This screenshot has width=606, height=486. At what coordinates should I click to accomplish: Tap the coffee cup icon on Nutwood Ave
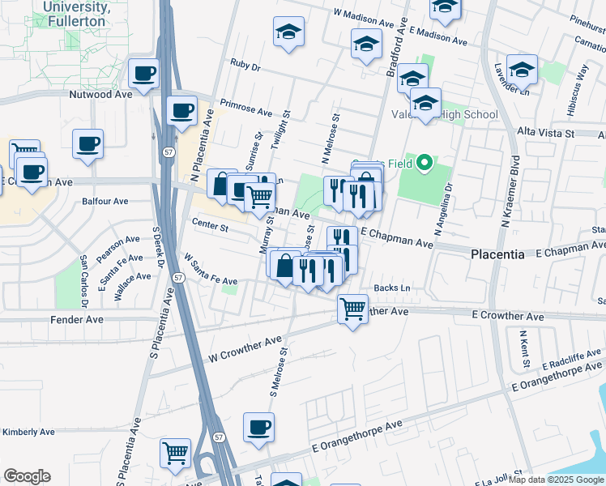[x=143, y=74]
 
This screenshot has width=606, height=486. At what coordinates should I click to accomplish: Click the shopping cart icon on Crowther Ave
[x=352, y=308]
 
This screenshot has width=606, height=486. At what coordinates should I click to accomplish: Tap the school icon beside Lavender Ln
[x=522, y=70]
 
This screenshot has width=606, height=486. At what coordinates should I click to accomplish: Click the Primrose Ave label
[x=246, y=109]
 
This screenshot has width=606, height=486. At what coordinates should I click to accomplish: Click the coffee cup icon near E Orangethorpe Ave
[x=258, y=427]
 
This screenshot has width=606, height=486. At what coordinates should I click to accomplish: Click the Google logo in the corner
[x=27, y=476]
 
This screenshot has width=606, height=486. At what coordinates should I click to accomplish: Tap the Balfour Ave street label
[x=105, y=201]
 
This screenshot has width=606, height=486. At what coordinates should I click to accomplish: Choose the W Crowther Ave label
[x=245, y=345]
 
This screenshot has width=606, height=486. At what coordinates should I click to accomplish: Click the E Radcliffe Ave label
[x=570, y=359]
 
